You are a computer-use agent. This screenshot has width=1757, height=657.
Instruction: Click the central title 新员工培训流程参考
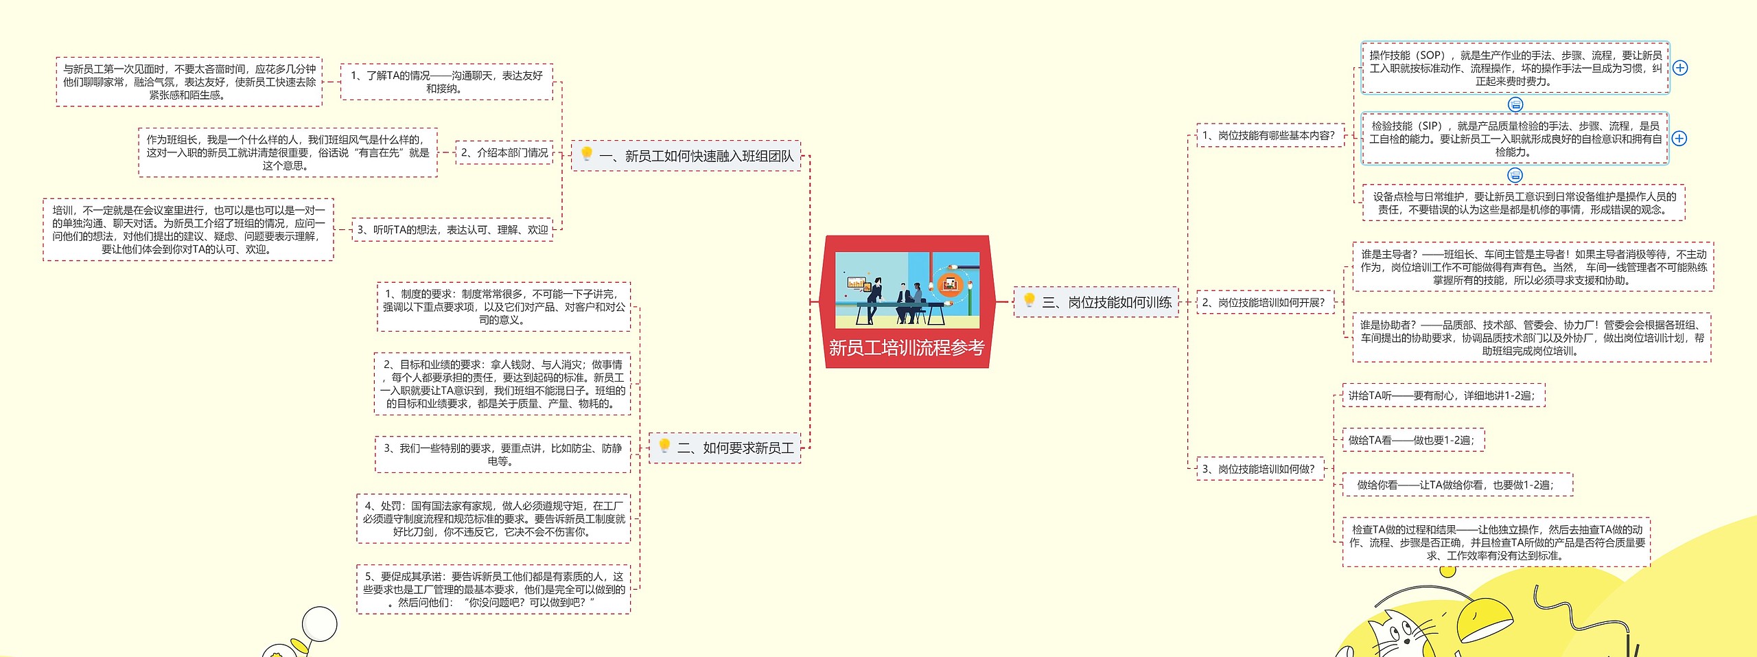pyautogui.click(x=906, y=348)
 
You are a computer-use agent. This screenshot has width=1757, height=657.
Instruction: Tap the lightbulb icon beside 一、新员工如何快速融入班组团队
pyautogui.click(x=587, y=154)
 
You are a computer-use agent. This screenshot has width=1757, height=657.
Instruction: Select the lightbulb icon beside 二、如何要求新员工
pyautogui.click(x=664, y=446)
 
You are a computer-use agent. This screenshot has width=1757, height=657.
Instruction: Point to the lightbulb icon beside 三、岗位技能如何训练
pyautogui.click(x=1029, y=300)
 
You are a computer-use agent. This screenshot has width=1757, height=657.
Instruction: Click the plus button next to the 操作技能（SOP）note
pyautogui.click(x=1679, y=68)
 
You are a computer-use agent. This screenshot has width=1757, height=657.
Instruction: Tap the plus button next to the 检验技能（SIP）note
pyautogui.click(x=1679, y=139)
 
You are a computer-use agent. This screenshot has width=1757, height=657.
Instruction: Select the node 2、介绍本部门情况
pyautogui.click(x=504, y=153)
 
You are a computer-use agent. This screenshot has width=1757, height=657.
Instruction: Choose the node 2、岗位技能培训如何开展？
pyautogui.click(x=1264, y=303)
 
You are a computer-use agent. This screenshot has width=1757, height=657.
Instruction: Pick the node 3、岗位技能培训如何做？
pyautogui.click(x=1259, y=470)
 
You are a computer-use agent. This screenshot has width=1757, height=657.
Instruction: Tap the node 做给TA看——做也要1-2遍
pyautogui.click(x=1412, y=441)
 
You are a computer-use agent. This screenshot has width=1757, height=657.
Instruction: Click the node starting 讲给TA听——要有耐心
pyautogui.click(x=1442, y=396)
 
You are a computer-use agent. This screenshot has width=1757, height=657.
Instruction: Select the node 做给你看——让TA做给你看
pyautogui.click(x=1456, y=485)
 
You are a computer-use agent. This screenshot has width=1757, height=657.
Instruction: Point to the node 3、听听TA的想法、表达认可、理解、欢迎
pyautogui.click(x=452, y=230)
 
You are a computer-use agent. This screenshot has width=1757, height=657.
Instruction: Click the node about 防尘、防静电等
pyautogui.click(x=502, y=454)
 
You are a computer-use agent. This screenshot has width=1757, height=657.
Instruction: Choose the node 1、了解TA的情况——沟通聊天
pyautogui.click(x=446, y=82)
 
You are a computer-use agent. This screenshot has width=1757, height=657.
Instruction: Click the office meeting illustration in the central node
pyautogui.click(x=907, y=290)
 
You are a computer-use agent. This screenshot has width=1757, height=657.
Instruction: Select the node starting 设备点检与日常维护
pyautogui.click(x=1524, y=203)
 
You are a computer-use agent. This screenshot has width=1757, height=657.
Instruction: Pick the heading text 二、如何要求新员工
pyautogui.click(x=735, y=448)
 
